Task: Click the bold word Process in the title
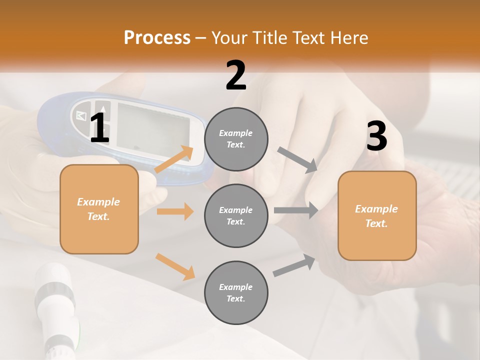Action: pyautogui.click(x=157, y=37)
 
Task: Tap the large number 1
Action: pyautogui.click(x=99, y=129)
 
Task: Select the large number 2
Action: pyautogui.click(x=236, y=75)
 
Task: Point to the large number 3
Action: pyautogui.click(x=376, y=136)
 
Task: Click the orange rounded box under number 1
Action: pyautogui.click(x=99, y=209)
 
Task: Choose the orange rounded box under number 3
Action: pyautogui.click(x=377, y=215)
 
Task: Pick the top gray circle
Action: pyautogui.click(x=236, y=139)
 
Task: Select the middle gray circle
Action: pyautogui.click(x=236, y=215)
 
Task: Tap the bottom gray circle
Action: pyautogui.click(x=236, y=292)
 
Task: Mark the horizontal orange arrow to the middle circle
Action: pyautogui.click(x=175, y=211)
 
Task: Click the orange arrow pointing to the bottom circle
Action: pyautogui.click(x=175, y=266)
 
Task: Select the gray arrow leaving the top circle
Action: pyautogui.click(x=297, y=160)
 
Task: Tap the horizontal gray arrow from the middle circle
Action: pyautogui.click(x=296, y=210)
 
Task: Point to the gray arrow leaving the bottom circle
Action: pyautogui.click(x=294, y=265)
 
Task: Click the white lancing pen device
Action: pyautogui.click(x=55, y=305)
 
